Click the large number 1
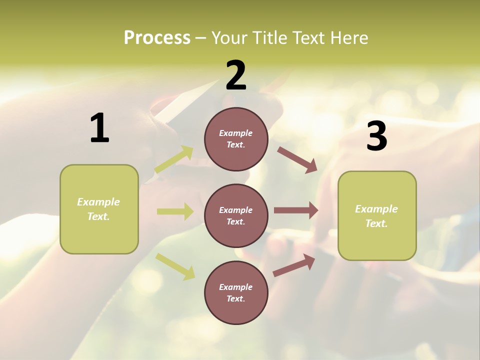coord(99,128)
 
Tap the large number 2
coord(236,75)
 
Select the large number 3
coord(377,136)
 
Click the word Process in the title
coord(157,37)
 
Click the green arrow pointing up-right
coord(174,159)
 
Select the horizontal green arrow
coord(174,211)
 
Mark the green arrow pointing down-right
coord(175,266)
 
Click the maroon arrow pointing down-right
coord(297,159)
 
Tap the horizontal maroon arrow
coord(295,210)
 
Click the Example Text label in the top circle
coord(236,139)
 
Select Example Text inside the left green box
coord(98,209)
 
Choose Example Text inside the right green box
coord(376,216)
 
